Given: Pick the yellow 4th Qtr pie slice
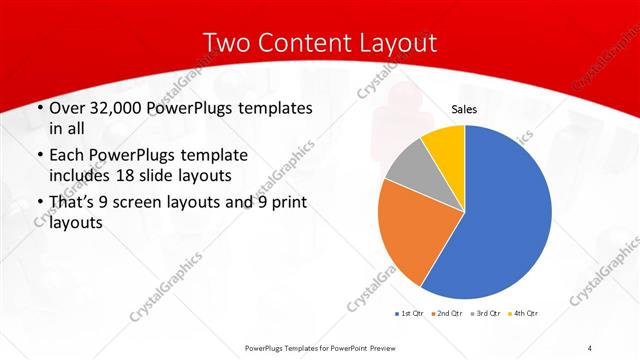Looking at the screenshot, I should (x=444, y=144).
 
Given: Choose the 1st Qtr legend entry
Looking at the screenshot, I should (x=411, y=314).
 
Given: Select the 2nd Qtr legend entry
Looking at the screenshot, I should (x=446, y=314).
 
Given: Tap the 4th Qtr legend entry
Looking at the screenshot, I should (x=521, y=314).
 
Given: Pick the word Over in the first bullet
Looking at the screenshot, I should (x=64, y=108).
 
